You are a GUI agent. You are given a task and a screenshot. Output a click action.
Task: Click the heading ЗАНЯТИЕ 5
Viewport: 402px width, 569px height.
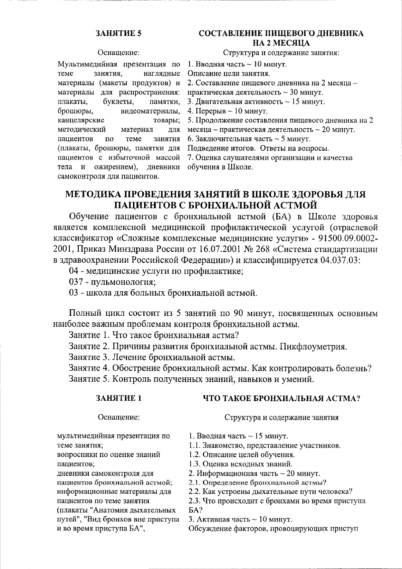coord(119,34)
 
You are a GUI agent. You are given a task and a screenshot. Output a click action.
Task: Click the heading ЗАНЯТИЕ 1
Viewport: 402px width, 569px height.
coord(119,398)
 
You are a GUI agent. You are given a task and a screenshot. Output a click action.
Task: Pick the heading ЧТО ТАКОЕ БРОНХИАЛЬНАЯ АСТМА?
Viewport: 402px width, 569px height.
coord(281,398)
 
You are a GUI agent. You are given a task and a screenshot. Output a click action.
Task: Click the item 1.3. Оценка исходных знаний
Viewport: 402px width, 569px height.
coord(241,464)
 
